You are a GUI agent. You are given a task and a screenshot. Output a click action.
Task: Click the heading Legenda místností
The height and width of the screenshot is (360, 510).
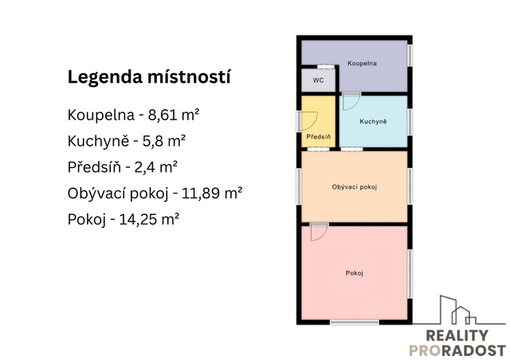tap(149, 77)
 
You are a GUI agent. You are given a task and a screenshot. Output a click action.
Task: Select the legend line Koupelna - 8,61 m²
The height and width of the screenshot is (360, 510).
tap(133, 115)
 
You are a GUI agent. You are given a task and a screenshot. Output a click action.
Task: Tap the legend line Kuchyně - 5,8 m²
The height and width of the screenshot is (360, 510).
tap(127, 142)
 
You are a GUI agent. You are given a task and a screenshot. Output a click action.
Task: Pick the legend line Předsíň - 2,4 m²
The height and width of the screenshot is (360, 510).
tap(122, 167)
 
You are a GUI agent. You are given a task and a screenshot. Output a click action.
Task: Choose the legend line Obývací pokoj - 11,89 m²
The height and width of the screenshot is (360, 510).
tap(155, 194)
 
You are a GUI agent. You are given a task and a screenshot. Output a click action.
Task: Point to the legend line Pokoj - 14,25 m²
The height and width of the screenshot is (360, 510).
tap(124, 220)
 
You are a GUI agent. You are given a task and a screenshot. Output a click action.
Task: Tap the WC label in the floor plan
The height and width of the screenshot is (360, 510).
tap(319, 80)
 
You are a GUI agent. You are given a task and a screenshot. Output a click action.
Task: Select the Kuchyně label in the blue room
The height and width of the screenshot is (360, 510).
tap(373, 121)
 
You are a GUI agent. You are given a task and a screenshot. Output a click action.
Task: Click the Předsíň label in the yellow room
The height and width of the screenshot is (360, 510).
tap(319, 136)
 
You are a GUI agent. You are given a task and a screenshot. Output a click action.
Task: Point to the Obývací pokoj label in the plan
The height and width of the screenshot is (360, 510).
tap(354, 187)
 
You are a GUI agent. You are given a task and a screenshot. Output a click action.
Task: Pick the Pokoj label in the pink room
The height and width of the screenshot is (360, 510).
tap(354, 273)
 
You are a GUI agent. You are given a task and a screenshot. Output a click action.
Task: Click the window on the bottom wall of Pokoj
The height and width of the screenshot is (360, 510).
tap(354, 323)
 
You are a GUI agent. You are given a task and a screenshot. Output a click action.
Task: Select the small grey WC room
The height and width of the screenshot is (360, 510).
tap(318, 80)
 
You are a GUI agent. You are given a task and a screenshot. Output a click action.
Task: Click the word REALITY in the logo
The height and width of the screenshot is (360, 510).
tap(457, 335)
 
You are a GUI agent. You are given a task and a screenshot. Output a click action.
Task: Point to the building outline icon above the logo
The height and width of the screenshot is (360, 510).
tap(459, 310)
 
